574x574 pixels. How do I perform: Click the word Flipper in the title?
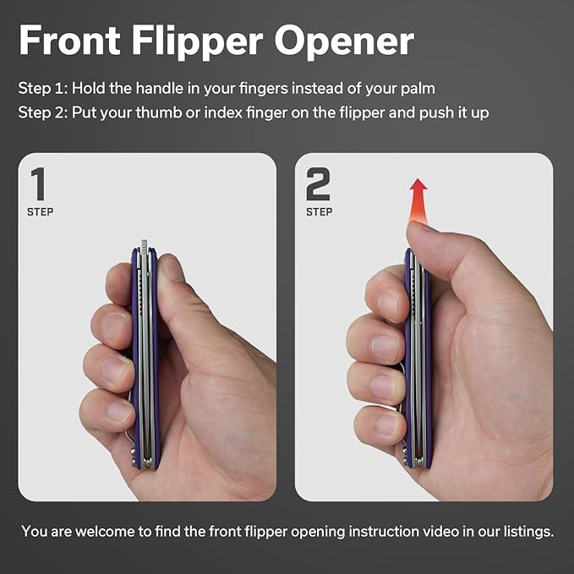[x=197, y=41]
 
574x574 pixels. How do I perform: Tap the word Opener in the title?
[x=344, y=41]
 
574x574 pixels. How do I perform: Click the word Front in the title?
[x=69, y=40]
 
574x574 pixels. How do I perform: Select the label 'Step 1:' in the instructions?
[x=43, y=89]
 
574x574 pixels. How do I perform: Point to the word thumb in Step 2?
[x=159, y=112]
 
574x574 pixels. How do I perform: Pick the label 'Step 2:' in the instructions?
[x=43, y=112]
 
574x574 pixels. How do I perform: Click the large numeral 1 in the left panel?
[x=38, y=183]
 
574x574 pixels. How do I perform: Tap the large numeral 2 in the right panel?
[x=318, y=183]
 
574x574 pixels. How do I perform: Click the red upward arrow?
[x=418, y=200]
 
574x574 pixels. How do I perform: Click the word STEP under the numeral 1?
[x=41, y=212]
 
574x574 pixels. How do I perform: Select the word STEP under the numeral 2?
[x=320, y=212]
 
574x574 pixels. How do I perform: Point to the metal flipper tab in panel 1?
[x=144, y=246]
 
